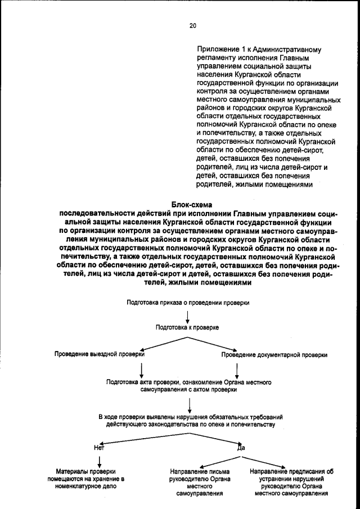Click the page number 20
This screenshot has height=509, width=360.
pos(192,25)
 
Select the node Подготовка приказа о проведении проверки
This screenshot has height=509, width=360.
pos(188,302)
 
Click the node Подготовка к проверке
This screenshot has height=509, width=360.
pos(187,327)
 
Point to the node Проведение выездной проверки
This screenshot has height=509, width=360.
pos(100,355)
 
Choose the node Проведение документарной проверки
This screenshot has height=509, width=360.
pos(274,355)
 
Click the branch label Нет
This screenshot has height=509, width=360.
pos(99,448)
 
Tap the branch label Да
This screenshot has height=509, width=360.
pos(242,448)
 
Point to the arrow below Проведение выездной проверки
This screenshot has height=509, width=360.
pos(142,370)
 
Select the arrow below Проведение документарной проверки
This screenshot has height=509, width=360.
pos(237,370)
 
